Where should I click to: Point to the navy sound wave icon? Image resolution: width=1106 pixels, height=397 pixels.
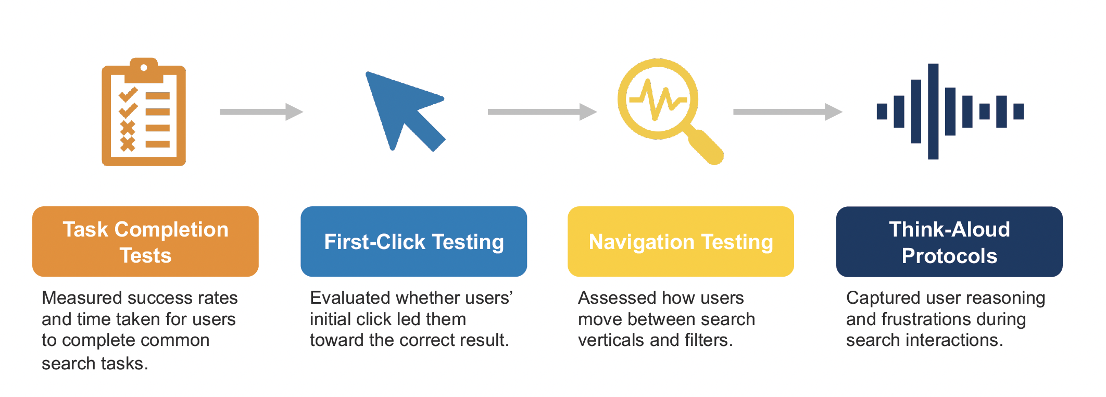950,111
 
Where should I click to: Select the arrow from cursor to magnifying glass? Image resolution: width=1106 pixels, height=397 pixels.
542,111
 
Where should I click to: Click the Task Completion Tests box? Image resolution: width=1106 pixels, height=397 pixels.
145,242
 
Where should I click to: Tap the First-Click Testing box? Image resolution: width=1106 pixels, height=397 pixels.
413,242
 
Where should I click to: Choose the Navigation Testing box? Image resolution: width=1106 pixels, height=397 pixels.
681,242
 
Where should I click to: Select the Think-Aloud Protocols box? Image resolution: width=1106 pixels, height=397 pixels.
949,242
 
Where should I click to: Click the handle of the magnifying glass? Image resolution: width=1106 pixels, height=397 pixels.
705,147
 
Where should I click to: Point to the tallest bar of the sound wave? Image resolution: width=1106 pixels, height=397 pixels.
933,111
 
